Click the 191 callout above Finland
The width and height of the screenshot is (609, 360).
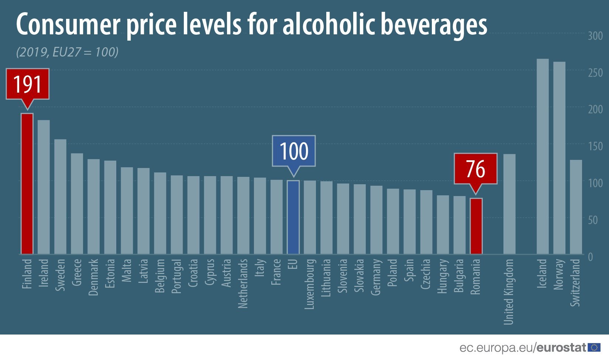[27, 84]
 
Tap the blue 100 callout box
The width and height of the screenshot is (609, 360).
[293, 151]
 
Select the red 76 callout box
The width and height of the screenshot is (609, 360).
[475, 169]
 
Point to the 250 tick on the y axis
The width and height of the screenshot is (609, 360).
[595, 73]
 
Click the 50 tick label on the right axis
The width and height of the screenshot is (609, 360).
[592, 220]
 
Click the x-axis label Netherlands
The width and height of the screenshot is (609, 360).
[243, 283]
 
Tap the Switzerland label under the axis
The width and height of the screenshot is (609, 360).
[575, 282]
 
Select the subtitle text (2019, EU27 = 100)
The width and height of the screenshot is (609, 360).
[67, 52]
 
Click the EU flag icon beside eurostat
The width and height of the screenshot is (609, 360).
[594, 347]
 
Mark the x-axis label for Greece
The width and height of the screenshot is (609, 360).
[77, 272]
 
